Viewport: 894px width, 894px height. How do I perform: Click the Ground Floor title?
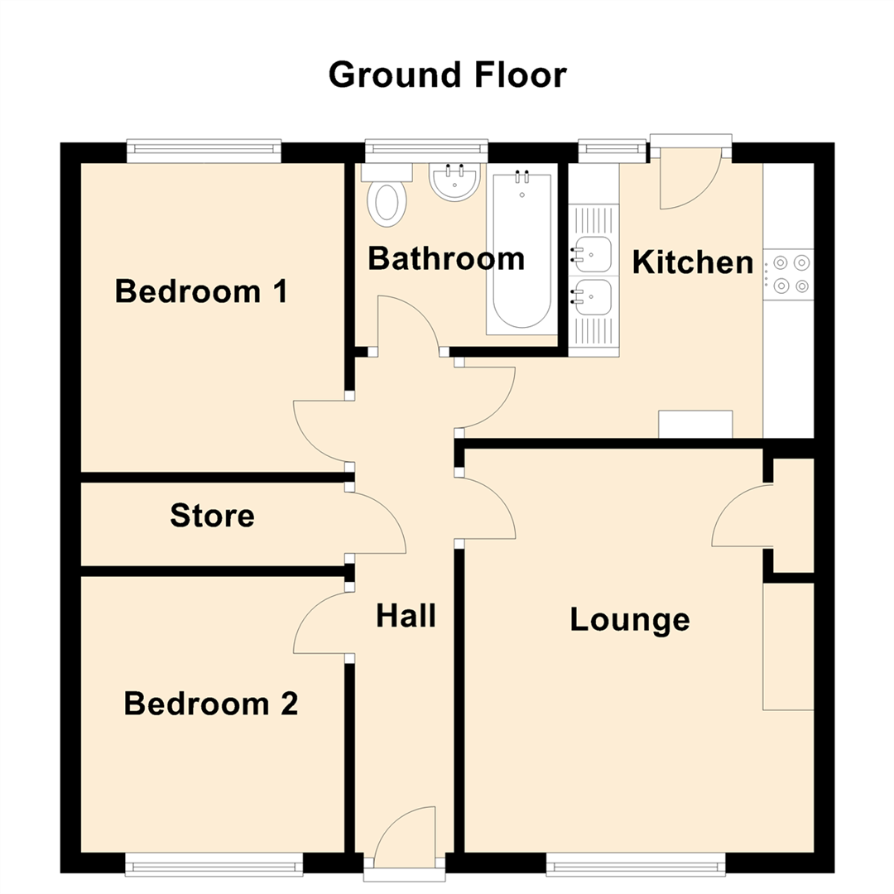pos(447,74)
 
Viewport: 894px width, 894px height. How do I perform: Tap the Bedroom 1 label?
pos(201,291)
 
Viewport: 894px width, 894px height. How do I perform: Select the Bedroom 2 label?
pos(210,704)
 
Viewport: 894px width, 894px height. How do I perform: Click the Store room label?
pos(212,516)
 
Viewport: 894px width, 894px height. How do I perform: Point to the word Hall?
pos(406,616)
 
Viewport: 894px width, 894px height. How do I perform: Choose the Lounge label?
pos(629,619)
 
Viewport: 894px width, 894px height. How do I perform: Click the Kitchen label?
pos(692,262)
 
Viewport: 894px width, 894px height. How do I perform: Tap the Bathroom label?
pos(445,258)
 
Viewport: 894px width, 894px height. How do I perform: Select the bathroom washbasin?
pos(454,182)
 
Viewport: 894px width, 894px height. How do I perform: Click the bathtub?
pos(521,252)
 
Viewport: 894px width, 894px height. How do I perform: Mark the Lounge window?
pos(636,866)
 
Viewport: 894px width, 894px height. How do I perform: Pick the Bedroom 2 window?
pos(214,866)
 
